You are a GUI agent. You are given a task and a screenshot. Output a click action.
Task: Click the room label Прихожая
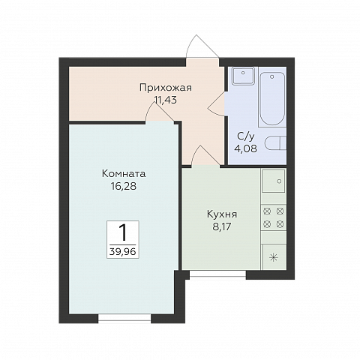(x=165, y=87)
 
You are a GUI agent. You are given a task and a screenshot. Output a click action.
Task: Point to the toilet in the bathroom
(x=279, y=144)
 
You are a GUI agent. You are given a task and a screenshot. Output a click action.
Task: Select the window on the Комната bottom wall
(x=124, y=318)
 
